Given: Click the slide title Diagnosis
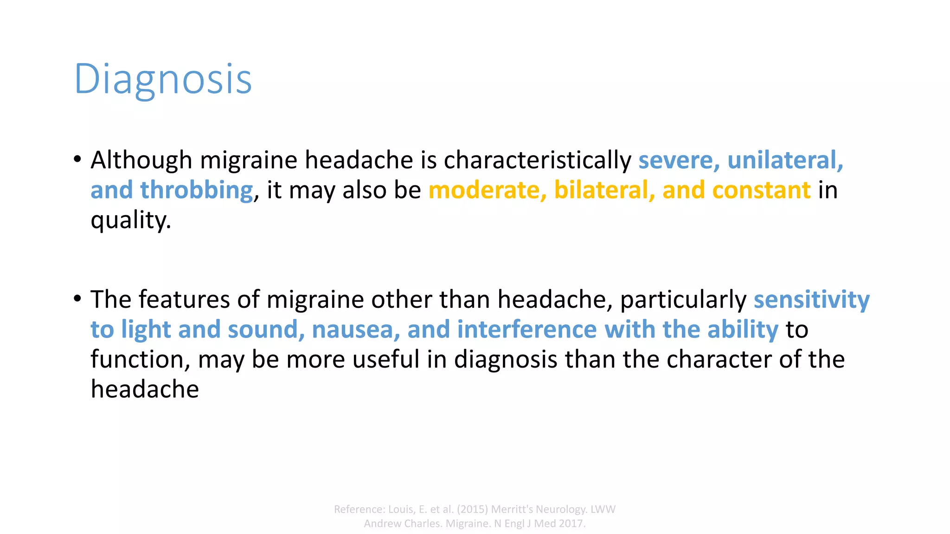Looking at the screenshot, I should [x=163, y=79].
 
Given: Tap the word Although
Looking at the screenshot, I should [x=141, y=160].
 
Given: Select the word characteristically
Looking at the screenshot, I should [x=537, y=160].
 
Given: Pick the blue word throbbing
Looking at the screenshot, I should [x=197, y=190].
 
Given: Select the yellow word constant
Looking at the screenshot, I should [x=761, y=190].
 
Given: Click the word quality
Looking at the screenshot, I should [x=130, y=220].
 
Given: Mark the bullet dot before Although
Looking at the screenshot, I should [x=77, y=159].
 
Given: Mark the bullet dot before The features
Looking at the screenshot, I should [x=77, y=298].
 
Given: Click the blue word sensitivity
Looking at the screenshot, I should [x=811, y=300].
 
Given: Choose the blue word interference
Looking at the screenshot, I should [x=527, y=330].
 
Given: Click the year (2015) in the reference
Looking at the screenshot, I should [x=472, y=509].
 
